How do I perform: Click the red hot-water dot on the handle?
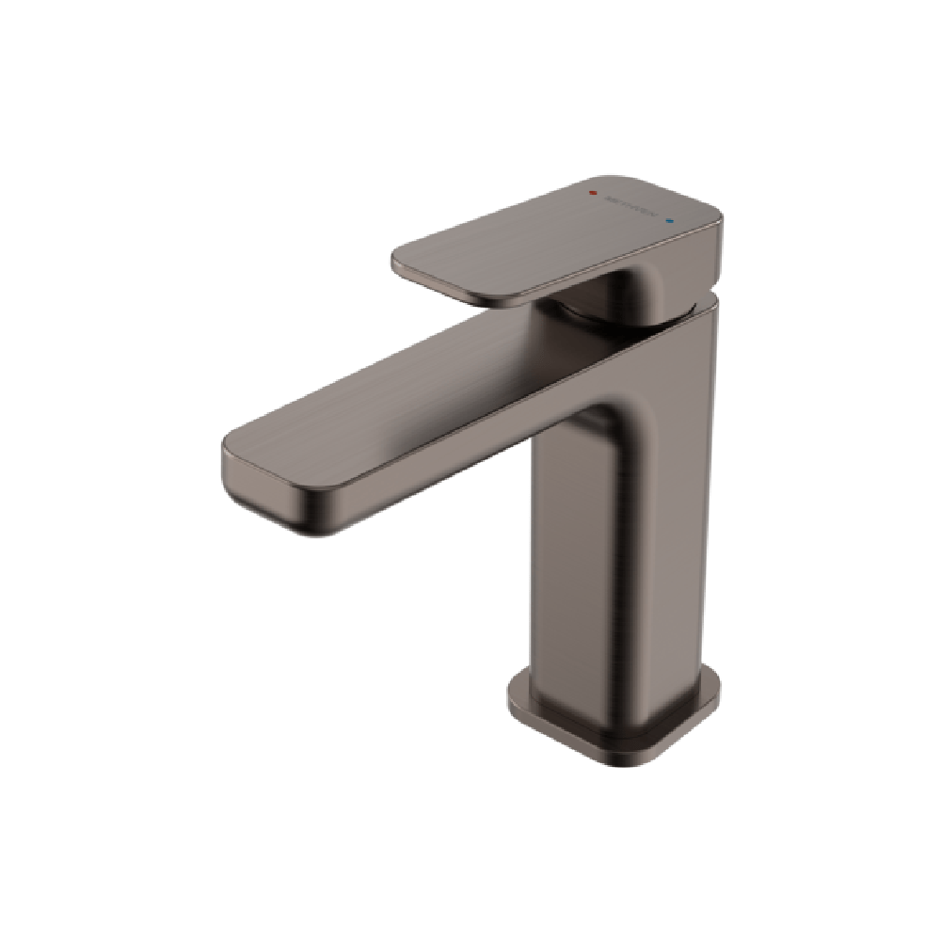[592, 192]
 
